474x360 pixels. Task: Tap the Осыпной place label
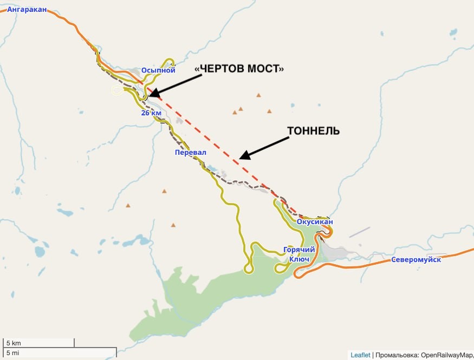coord(158,70)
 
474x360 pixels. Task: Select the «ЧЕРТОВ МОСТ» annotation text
coord(239,69)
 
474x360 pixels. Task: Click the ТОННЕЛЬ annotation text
coord(314,132)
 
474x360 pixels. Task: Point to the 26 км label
coord(151,113)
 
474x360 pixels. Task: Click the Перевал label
coord(190,153)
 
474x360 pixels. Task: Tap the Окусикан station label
coord(315,221)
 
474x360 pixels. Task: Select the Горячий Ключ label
coord(299,254)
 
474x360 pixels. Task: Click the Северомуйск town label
coord(416,260)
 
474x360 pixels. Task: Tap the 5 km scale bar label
coord(14,343)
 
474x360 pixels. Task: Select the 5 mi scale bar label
coord(14,353)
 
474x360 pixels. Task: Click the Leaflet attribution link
coord(360,355)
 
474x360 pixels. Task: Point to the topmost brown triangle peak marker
coord(258,95)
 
